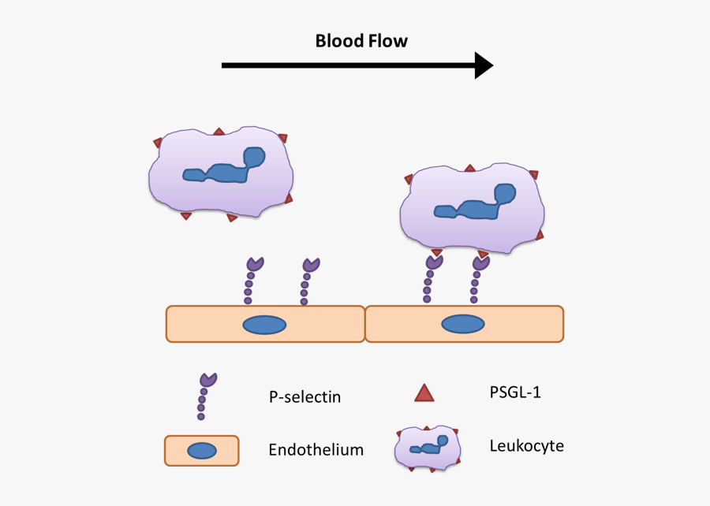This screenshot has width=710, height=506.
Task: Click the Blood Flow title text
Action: [361, 41]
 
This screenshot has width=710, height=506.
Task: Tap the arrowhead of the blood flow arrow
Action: [483, 65]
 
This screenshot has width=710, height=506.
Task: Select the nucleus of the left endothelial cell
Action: [263, 324]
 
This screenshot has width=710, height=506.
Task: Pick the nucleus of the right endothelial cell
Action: [462, 324]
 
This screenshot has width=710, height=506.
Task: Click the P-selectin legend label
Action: [305, 396]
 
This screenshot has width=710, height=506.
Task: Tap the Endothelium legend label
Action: [316, 450]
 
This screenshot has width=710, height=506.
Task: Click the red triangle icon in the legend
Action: [424, 393]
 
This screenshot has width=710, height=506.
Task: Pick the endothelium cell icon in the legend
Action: [202, 450]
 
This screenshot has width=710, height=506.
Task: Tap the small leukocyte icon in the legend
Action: [427, 448]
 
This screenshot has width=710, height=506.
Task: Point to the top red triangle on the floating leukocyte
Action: [220, 132]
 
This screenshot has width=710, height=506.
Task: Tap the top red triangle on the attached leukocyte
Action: [470, 168]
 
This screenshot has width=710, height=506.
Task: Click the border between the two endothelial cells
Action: [365, 324]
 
